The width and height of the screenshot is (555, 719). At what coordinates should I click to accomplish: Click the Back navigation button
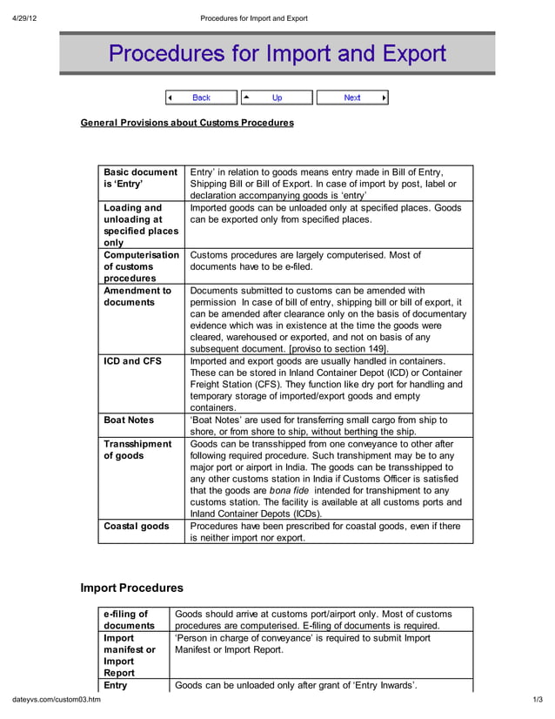(x=201, y=97)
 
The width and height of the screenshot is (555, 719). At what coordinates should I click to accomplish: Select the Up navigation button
(x=277, y=97)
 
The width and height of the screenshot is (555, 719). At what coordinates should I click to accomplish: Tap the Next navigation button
(x=351, y=97)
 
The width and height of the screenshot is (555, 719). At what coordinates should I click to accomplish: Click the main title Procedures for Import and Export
(x=277, y=54)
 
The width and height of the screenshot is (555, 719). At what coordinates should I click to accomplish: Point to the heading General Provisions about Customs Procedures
(x=187, y=123)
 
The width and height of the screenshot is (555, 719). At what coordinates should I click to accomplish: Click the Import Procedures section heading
(x=131, y=588)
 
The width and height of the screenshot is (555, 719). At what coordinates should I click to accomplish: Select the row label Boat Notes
(x=129, y=420)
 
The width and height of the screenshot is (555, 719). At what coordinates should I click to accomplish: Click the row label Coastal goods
(x=137, y=526)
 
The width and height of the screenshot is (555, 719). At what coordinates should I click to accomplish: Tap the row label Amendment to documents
(x=137, y=296)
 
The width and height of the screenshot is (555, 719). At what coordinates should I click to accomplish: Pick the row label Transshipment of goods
(x=137, y=449)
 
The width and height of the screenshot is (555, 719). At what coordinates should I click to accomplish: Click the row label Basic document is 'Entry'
(x=140, y=178)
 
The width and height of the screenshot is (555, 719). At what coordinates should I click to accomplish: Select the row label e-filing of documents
(x=129, y=620)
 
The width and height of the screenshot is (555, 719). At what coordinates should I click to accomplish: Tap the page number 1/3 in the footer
(x=537, y=701)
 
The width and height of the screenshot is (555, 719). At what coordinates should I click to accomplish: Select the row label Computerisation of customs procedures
(x=141, y=266)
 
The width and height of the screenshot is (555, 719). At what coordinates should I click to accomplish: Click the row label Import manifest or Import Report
(x=129, y=655)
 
